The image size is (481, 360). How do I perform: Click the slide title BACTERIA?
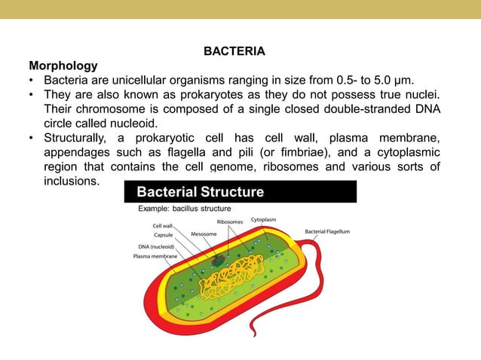(x=234, y=52)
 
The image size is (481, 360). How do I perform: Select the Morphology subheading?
(x=63, y=66)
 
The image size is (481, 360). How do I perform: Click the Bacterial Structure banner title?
(x=200, y=192)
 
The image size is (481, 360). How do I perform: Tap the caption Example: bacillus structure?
(x=184, y=209)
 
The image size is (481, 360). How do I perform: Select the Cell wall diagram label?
(x=162, y=225)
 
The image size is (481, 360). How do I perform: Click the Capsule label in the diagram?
(x=164, y=235)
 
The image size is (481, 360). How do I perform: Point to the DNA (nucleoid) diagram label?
(x=156, y=246)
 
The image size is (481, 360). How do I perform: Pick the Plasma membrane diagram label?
(x=155, y=257)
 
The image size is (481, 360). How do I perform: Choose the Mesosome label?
(x=204, y=234)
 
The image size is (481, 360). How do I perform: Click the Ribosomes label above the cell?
(x=230, y=221)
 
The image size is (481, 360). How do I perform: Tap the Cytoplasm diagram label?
(x=264, y=219)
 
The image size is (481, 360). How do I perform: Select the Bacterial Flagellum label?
(x=326, y=231)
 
